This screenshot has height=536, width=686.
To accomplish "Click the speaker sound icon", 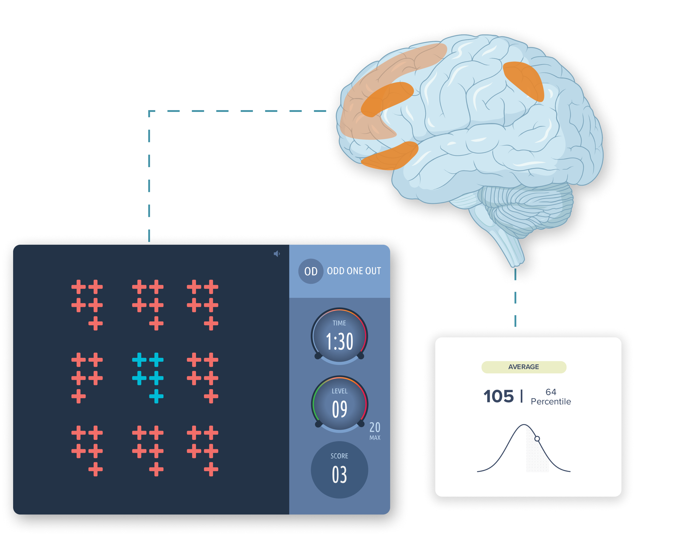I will [276, 254].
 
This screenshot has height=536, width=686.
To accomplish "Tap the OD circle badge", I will [311, 271].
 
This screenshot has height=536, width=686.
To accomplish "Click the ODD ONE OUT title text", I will [354, 271].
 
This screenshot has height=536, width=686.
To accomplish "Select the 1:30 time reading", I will [339, 341].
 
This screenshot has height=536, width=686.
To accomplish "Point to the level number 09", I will [339, 409].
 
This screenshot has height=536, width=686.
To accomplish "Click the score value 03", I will [339, 475].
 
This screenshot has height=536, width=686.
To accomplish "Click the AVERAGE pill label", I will [524, 367].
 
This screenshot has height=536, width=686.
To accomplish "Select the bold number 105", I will [498, 396].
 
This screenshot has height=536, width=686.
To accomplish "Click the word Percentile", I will [551, 401].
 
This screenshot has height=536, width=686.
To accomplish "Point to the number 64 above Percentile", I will [551, 392].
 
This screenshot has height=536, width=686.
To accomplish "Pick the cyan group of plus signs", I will [148, 378].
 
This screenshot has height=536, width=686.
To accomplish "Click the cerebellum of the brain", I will [525, 204].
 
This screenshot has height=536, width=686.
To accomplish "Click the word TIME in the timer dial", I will [339, 323].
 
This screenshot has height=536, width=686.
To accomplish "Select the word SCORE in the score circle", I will [339, 456].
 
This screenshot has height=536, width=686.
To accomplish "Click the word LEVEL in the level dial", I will [339, 391].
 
